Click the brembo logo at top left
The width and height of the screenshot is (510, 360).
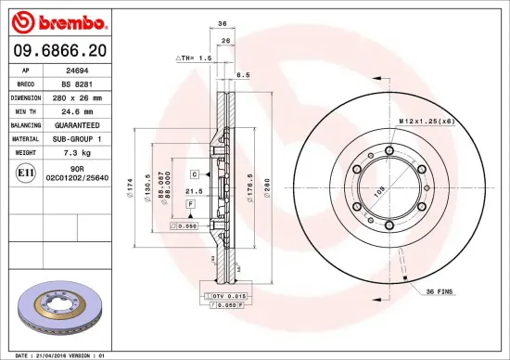57,20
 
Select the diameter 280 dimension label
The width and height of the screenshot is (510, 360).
268,193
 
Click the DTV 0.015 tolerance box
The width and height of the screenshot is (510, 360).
224,295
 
